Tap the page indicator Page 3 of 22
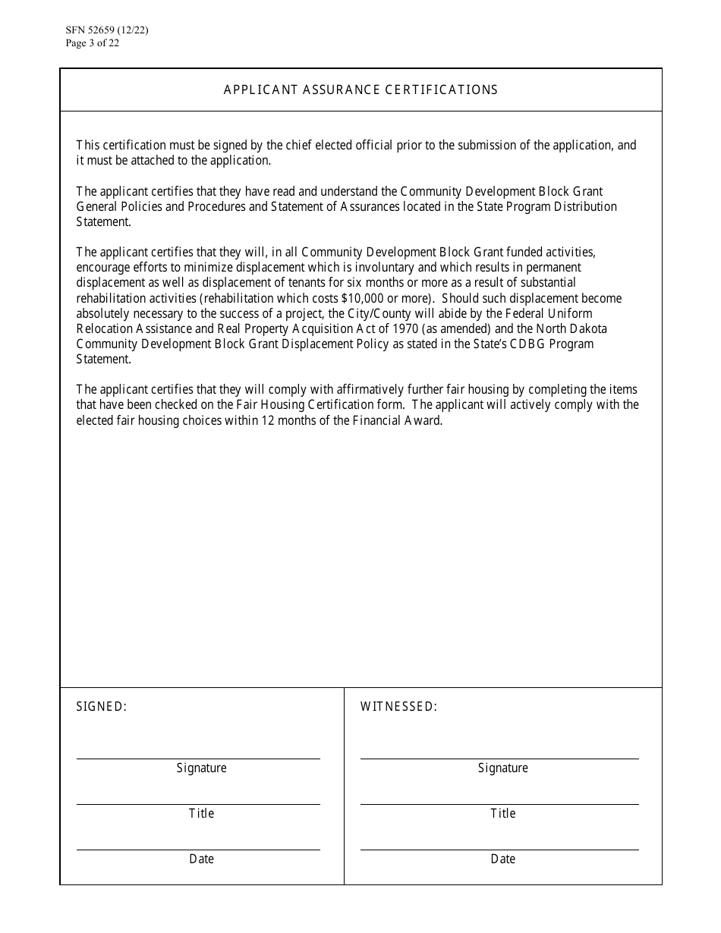pos(93,43)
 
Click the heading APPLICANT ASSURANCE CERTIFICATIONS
pos(360,90)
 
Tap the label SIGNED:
pos(102,707)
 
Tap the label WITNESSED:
pos(398,707)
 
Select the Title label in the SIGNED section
pos(201,813)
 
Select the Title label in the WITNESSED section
pos(502,813)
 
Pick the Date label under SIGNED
pos(201,859)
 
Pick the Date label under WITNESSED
pos(502,859)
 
